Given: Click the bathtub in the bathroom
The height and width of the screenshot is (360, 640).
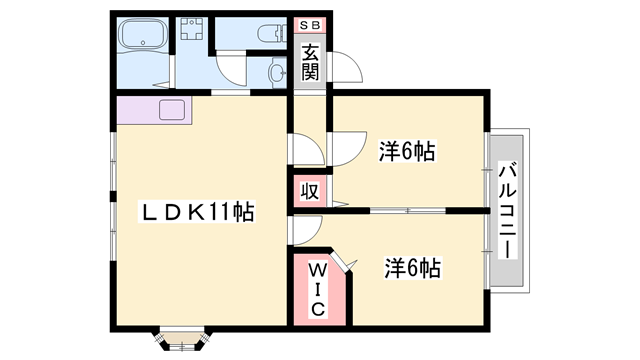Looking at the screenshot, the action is click(x=144, y=40).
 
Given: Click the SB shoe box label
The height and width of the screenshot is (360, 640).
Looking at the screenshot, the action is click(x=309, y=25).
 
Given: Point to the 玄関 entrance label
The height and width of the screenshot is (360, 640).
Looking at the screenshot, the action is click(x=310, y=63).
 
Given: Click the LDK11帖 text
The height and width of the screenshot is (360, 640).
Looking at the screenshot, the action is click(x=201, y=212).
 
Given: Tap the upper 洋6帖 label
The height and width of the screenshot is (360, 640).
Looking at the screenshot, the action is click(x=406, y=152).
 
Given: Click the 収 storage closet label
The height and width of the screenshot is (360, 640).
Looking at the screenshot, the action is click(x=310, y=190).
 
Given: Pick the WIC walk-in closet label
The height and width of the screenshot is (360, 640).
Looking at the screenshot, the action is click(x=316, y=289).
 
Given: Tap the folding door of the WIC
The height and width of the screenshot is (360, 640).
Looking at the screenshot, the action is click(x=343, y=262).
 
